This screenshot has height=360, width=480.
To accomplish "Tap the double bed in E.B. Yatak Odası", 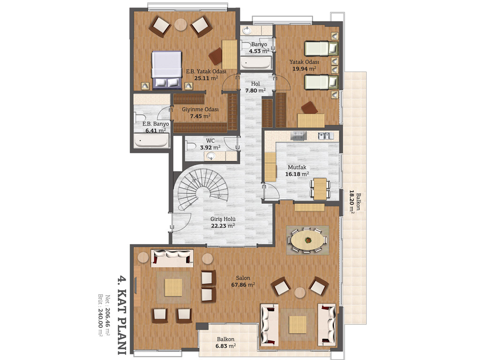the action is [166, 70].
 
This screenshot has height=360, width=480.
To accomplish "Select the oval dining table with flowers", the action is [307, 240].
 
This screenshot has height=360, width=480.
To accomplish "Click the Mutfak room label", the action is [297, 167].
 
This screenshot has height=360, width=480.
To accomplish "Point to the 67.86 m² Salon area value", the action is [243, 285].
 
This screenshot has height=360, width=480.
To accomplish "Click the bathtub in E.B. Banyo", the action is [151, 141].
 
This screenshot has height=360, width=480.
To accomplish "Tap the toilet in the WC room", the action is [192, 146].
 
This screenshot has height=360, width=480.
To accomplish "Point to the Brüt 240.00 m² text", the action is [100, 315].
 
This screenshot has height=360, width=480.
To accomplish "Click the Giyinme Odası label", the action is [200, 109].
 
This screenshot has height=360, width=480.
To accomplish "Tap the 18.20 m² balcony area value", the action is [352, 202].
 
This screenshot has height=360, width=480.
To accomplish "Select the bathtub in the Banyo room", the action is [255, 63].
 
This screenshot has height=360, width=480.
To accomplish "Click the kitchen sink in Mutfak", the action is [325, 135].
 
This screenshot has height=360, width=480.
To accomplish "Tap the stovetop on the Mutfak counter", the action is [299, 136].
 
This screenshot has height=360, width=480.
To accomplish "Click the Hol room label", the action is [255, 83].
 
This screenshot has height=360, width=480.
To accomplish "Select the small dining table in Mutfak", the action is [320, 189].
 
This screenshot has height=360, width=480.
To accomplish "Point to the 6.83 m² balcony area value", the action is [225, 346].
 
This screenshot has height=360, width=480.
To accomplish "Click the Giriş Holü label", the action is [223, 219].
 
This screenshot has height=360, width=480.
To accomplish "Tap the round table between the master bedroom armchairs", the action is [181, 24].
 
